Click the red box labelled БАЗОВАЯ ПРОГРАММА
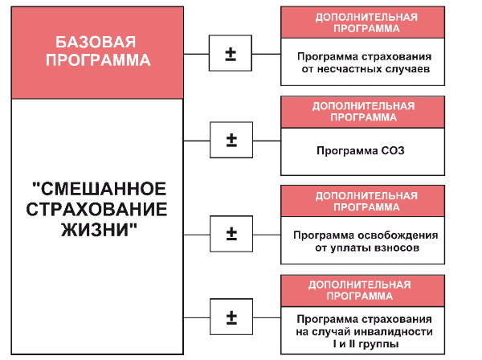point(96,51)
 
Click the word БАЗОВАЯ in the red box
point(96,43)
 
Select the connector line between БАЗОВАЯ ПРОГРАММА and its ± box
point(196,55)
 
